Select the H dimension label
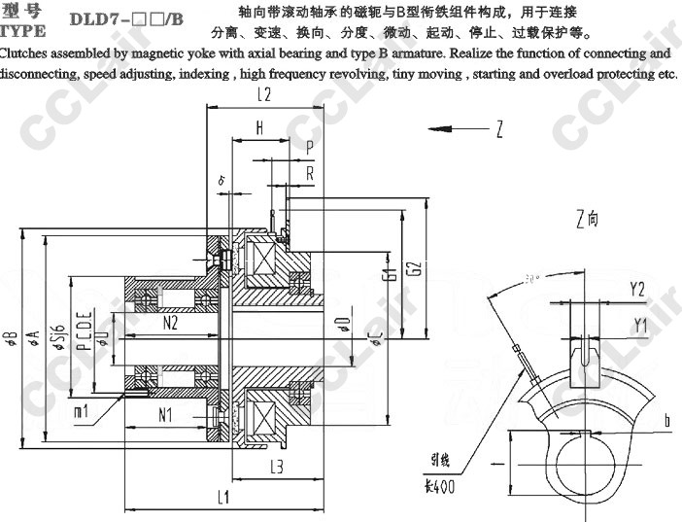coord(259,127)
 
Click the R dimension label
coord(309,172)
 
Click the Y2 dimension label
coord(637,290)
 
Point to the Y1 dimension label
coord(639,323)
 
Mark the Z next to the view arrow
coord(498,129)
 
